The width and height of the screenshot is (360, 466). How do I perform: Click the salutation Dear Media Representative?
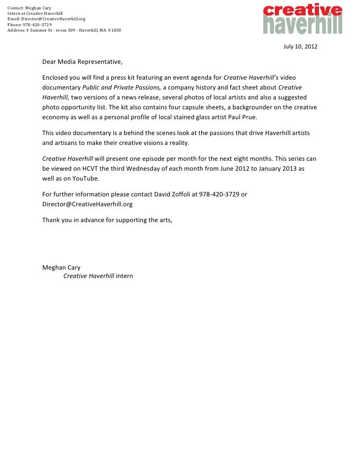coord(82,63)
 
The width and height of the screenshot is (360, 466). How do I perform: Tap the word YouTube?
coord(87,179)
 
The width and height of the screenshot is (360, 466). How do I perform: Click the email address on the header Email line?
coord(53,19)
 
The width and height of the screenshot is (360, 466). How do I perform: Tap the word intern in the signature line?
coord(125,276)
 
